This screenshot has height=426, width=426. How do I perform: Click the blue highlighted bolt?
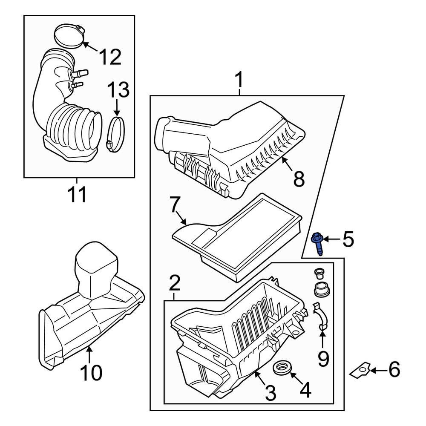coord(318,243)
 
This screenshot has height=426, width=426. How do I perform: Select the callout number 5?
coord(348,240)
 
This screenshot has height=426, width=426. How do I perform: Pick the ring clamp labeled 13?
coord(116,134)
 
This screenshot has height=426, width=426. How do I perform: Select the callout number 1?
coord(239,80)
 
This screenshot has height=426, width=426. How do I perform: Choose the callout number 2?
coord(174,283)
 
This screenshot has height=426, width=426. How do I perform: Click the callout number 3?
coord(271,393)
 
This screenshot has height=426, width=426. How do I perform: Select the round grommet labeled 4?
coord(282,368)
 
